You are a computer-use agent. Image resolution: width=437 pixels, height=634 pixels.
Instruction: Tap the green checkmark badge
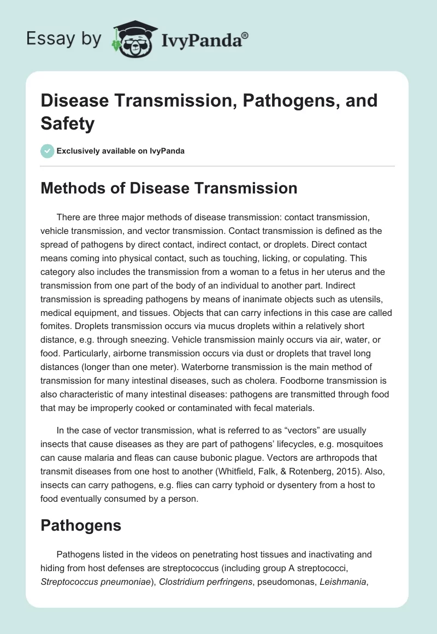48,151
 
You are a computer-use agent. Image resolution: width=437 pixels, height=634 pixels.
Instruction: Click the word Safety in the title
68,123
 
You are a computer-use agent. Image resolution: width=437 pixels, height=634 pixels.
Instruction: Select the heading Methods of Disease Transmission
169,188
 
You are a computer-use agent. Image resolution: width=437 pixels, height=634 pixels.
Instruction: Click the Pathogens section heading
81,526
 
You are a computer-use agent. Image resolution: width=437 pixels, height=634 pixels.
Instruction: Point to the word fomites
57,327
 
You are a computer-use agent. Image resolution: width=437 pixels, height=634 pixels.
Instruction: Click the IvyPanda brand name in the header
202,40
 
